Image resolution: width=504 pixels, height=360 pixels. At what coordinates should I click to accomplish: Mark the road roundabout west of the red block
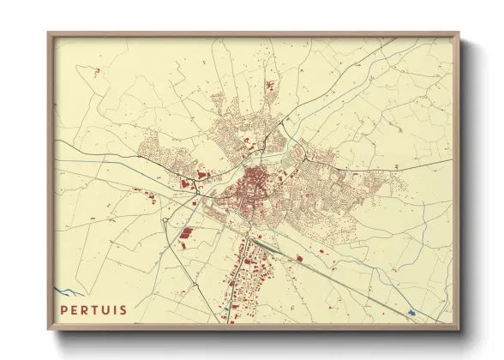coord(165,220)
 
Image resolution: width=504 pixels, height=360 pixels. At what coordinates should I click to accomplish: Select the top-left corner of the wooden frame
coord(49,33)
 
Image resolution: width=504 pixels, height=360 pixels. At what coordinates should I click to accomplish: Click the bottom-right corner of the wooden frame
coord(459,333)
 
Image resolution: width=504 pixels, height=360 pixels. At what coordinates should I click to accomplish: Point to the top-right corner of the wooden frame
coord(459,33)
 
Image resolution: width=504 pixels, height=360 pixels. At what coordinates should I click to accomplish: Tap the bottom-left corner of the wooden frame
coord(49,333)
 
